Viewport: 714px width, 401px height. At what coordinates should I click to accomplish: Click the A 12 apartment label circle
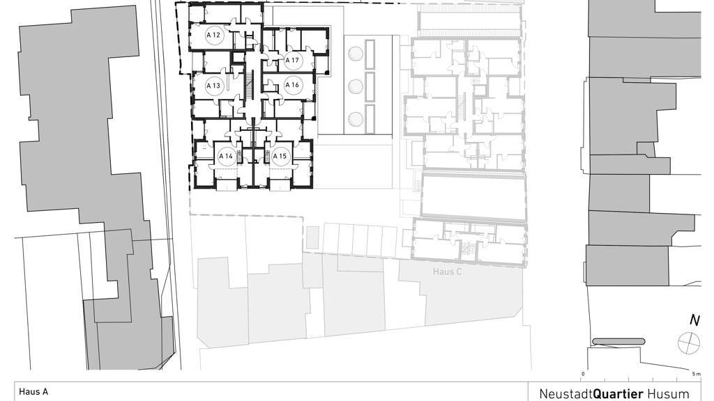[x=213, y=35]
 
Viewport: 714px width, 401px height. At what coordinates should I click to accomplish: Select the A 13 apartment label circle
[x=213, y=86]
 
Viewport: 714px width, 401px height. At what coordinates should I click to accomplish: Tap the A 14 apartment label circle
[x=226, y=157]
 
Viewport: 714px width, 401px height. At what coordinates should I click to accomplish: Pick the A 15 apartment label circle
[x=280, y=157]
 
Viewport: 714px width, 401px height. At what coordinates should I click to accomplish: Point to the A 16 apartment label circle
[x=292, y=85]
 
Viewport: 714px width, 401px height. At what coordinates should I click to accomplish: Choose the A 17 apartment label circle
[x=292, y=60]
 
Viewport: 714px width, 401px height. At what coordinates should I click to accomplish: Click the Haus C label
[x=447, y=272]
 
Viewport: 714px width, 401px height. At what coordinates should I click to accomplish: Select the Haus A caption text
[x=33, y=391]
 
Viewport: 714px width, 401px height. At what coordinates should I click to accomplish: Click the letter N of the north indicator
[x=694, y=320]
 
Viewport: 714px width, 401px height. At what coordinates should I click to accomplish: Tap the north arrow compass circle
[x=688, y=343]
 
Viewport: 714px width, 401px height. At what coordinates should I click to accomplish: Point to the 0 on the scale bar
[x=583, y=374]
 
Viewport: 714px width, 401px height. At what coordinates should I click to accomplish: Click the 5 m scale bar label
[x=697, y=374]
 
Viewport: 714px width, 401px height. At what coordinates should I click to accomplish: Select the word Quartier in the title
[x=618, y=394]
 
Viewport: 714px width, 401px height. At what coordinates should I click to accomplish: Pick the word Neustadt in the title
[x=566, y=394]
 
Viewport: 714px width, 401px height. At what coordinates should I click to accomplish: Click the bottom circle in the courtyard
[x=355, y=120]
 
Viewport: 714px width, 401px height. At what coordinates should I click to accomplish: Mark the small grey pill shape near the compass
[x=619, y=341]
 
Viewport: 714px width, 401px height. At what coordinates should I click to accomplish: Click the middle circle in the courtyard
[x=355, y=86]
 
